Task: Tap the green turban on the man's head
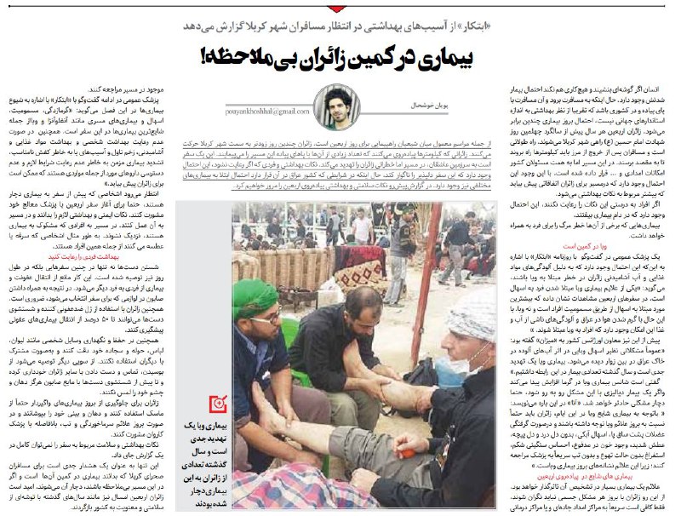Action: [262, 290]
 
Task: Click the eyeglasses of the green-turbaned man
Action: [270, 317]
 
